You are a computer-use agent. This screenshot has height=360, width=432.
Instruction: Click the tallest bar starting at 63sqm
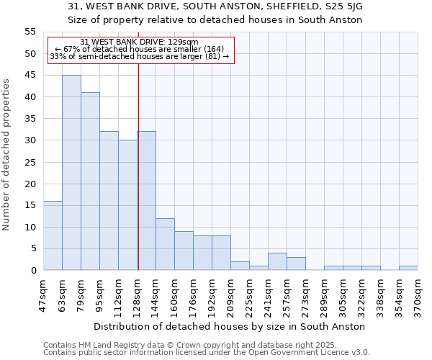[x=71, y=173]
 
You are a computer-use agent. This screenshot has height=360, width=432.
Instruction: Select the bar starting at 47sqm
[x=53, y=235]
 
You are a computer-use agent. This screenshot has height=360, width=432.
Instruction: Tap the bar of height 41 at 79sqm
[x=90, y=181]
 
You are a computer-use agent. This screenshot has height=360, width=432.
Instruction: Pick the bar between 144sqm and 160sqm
[x=165, y=244]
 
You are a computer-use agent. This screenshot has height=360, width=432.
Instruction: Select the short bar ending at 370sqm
[x=408, y=268]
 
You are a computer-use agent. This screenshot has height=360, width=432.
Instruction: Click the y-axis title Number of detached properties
[x=6, y=155]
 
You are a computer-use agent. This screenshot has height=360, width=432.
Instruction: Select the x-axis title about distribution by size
[x=229, y=326]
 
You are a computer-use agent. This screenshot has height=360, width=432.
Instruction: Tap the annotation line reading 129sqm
[x=140, y=42]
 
